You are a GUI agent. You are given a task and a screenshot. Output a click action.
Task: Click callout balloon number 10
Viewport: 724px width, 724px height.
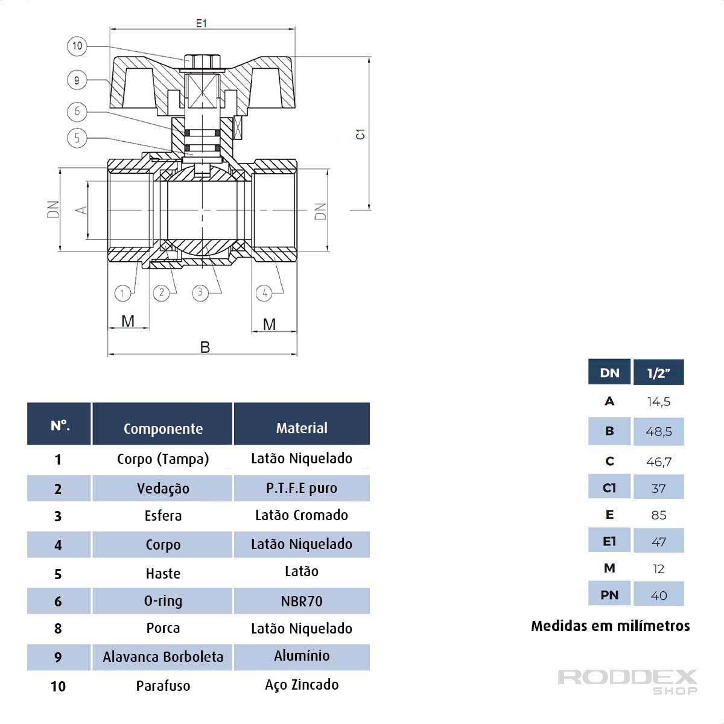[77, 46]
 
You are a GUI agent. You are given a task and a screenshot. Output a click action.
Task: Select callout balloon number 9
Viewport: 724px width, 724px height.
[77, 80]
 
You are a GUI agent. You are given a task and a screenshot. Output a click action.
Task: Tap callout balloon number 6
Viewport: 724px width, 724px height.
[77, 111]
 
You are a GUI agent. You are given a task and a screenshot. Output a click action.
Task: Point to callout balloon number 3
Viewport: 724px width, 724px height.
[200, 293]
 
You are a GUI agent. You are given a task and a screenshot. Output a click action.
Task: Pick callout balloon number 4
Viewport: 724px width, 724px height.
[264, 293]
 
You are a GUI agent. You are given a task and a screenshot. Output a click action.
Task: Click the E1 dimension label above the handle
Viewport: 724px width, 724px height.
[202, 24]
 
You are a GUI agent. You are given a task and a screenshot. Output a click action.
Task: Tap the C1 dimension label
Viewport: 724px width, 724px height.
[360, 134]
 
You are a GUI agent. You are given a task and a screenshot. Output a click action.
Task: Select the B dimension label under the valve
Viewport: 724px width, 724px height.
[205, 348]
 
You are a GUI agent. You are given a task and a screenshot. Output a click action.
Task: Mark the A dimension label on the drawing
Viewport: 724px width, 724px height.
[81, 210]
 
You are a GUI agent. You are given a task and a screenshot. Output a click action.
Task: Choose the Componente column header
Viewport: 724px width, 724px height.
[163, 428]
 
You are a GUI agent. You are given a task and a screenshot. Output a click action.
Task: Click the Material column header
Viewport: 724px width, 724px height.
[302, 428]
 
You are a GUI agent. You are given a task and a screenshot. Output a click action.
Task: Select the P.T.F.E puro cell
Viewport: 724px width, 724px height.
[302, 488]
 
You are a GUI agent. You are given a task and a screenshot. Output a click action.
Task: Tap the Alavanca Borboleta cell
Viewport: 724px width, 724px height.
[163, 657]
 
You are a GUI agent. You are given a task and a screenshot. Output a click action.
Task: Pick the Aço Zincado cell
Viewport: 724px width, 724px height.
[302, 685]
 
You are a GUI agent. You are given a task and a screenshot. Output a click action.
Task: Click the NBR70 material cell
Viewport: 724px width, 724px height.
[302, 602]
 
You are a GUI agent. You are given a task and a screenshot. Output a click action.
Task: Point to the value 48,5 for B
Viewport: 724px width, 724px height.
[658, 431]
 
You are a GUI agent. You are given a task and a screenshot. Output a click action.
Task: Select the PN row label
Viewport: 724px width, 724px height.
[609, 595]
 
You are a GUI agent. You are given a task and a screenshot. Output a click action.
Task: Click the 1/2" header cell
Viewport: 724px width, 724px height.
[658, 373]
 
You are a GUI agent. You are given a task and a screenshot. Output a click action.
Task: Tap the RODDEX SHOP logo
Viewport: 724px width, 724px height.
[627, 681]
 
